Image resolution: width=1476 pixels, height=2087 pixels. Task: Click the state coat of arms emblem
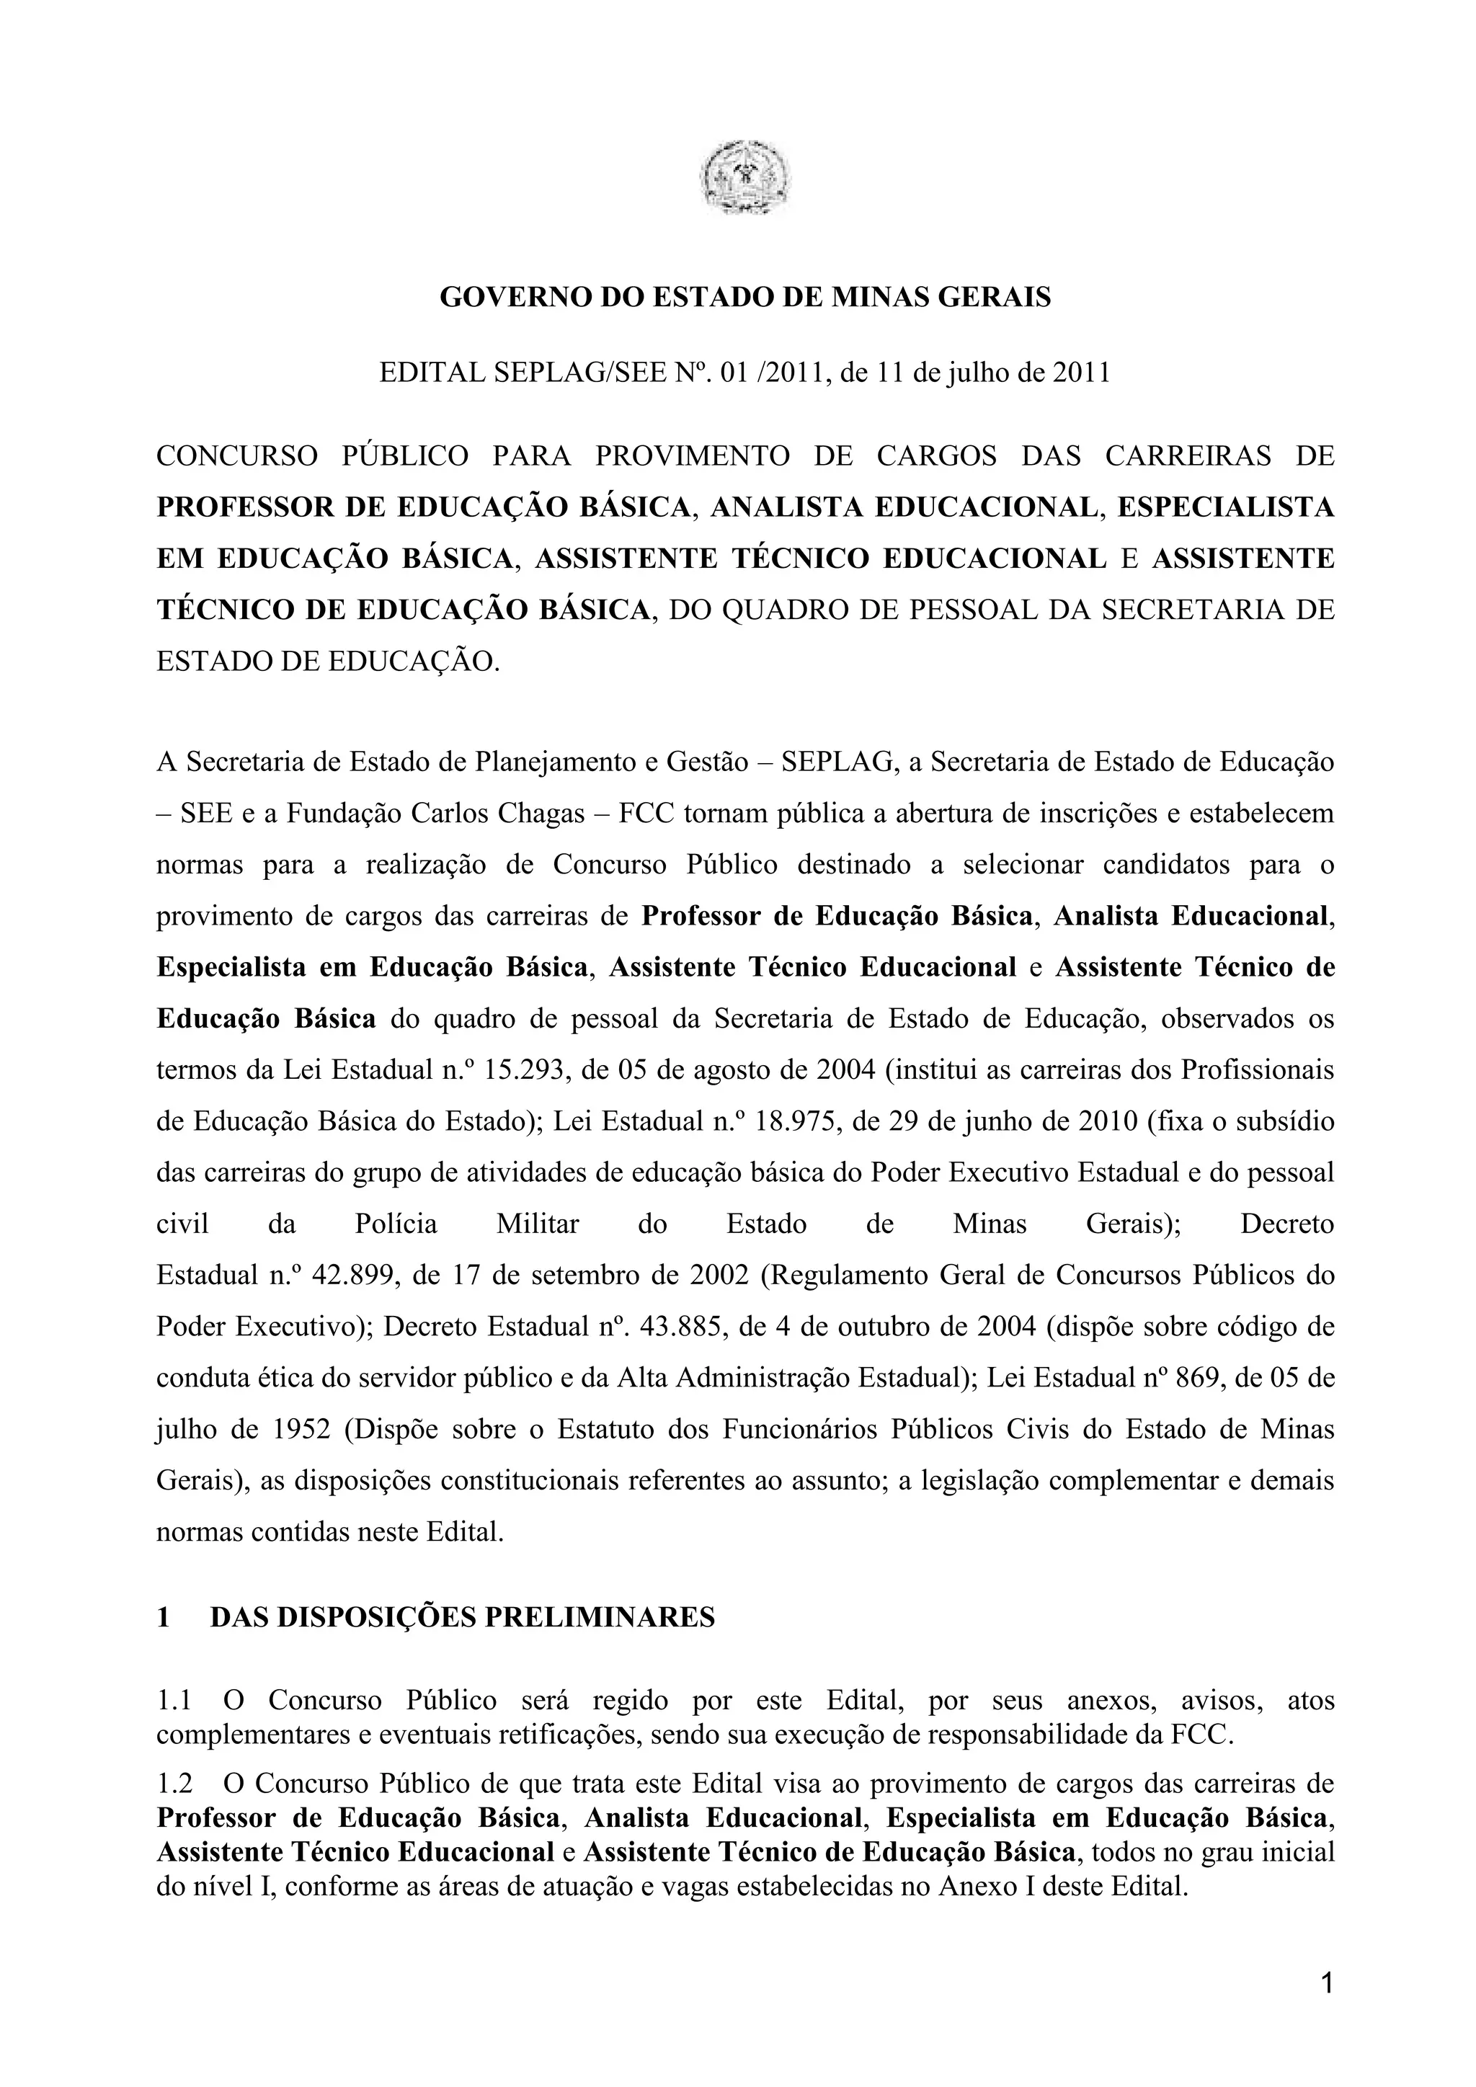[x=744, y=177]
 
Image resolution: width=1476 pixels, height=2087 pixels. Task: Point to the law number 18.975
[x=798, y=1121]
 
